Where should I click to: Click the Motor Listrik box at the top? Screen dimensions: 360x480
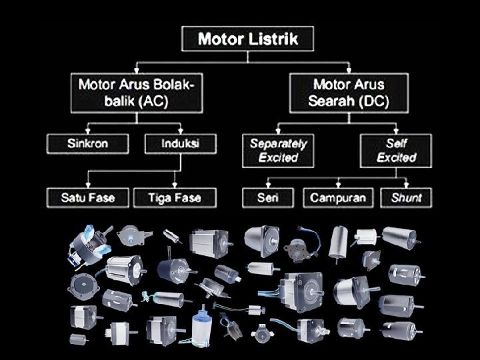point(247,39)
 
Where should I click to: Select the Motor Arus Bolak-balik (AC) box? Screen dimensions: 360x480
point(137,93)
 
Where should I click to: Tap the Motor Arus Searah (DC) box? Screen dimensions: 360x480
point(349,93)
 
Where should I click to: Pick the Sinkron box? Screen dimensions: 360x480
point(87,142)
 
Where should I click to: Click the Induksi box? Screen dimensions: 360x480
point(180,142)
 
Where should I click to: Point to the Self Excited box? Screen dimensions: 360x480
point(396,150)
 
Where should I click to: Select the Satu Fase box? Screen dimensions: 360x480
point(87,197)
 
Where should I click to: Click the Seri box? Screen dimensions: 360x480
point(267,197)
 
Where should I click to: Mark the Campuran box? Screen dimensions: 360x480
point(338,197)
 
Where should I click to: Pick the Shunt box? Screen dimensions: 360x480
point(406,197)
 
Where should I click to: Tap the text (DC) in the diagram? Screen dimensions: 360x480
point(373,102)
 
